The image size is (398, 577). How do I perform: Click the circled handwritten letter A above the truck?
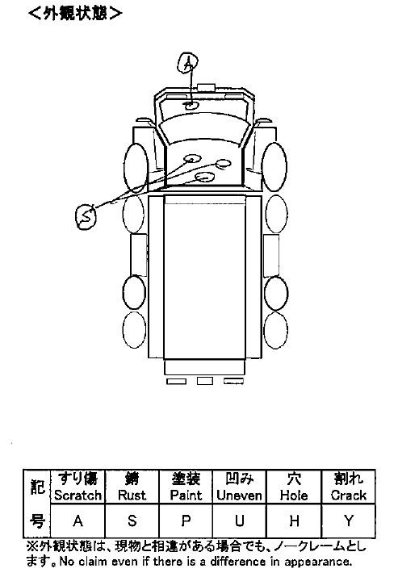tap(188, 63)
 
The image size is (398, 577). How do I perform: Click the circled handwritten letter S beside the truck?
tap(86, 216)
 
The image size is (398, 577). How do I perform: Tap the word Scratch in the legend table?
tap(78, 495)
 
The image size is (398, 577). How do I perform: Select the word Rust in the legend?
tap(132, 495)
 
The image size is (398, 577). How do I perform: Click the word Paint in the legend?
tap(186, 495)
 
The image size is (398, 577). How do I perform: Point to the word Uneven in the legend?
tap(239, 495)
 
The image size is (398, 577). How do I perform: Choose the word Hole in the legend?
tap(294, 495)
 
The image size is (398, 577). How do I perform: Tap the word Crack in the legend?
tap(348, 495)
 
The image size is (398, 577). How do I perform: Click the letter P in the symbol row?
tap(186, 521)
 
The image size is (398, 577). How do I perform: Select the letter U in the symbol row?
tap(240, 521)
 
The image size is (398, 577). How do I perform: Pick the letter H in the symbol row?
tap(294, 521)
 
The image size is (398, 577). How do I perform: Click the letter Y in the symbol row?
tap(348, 521)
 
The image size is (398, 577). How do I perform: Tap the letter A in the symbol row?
tap(78, 521)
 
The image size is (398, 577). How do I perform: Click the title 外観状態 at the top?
tap(75, 14)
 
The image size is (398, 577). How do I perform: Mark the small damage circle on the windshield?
tap(191, 105)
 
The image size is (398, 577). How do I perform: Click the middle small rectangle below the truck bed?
tap(205, 381)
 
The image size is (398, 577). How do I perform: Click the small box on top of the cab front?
tap(206, 87)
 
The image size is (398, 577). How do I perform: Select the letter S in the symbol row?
tap(132, 521)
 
